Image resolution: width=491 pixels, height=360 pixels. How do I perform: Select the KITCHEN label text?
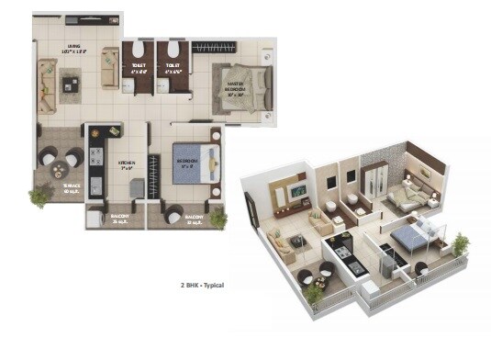(126, 165)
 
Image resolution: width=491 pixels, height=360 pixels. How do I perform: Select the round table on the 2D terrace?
(61, 168)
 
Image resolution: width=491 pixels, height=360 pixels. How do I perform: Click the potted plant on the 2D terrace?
(39, 196)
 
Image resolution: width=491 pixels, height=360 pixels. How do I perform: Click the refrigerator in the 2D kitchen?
(135, 189)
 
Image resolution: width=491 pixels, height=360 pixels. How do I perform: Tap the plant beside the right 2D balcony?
(218, 219)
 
